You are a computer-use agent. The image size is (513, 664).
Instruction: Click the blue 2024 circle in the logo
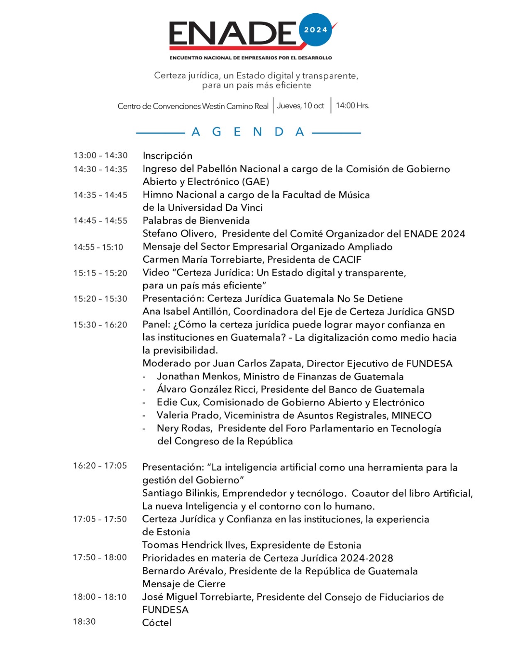click(315, 30)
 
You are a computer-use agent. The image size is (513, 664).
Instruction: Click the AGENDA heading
click(248, 132)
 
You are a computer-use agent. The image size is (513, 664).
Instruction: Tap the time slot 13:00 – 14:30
click(100, 156)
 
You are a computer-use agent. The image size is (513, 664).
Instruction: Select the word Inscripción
click(168, 156)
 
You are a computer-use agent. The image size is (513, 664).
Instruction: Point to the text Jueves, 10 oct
click(300, 106)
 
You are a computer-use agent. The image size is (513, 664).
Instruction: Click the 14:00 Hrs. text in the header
click(352, 106)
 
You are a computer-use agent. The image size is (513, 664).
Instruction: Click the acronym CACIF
click(347, 260)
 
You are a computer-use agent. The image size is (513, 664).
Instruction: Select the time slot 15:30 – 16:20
click(100, 325)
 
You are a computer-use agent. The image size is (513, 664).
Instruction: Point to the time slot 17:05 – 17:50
click(100, 519)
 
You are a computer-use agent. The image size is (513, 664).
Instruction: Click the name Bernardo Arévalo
click(183, 571)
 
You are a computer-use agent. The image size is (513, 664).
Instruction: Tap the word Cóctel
click(156, 623)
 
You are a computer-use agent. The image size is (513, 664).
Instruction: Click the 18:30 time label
click(84, 622)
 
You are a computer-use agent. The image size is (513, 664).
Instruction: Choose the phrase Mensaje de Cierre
click(184, 584)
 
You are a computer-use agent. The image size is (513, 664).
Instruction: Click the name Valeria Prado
click(188, 415)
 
